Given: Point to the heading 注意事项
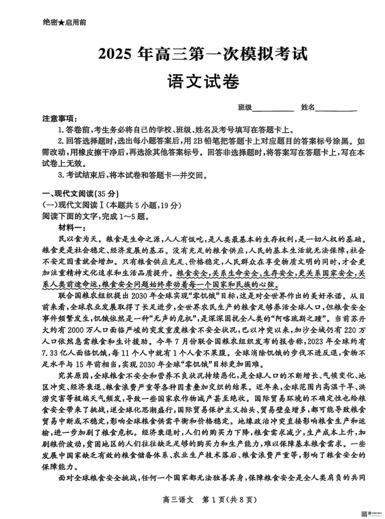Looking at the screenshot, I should coord(59,119).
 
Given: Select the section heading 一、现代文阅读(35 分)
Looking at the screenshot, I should coord(80,194).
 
